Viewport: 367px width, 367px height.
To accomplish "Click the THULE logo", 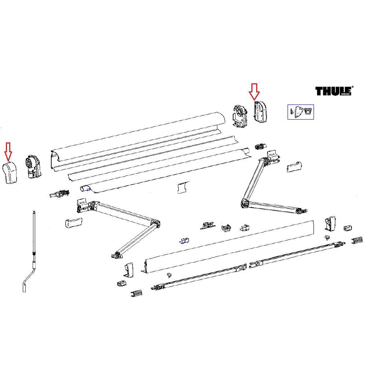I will (x=334, y=91).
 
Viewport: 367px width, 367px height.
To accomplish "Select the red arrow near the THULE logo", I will (x=254, y=92).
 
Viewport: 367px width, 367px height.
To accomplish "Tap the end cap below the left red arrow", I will (x=11, y=173).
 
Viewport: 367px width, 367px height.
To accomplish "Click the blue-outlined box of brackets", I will (x=300, y=112).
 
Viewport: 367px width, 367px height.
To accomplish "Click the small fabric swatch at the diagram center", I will (x=182, y=188).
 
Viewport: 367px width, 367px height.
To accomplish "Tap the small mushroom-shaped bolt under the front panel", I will (x=169, y=274).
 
